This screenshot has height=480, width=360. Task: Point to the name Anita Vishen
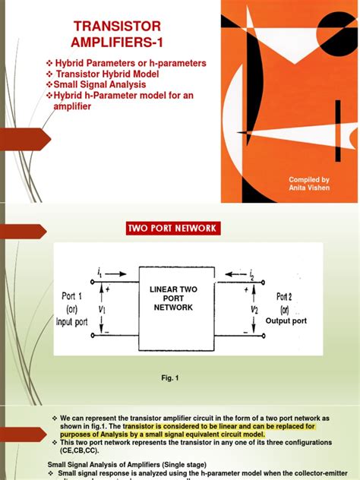(309, 188)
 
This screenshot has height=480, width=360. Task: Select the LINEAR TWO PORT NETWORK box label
(174, 297)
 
